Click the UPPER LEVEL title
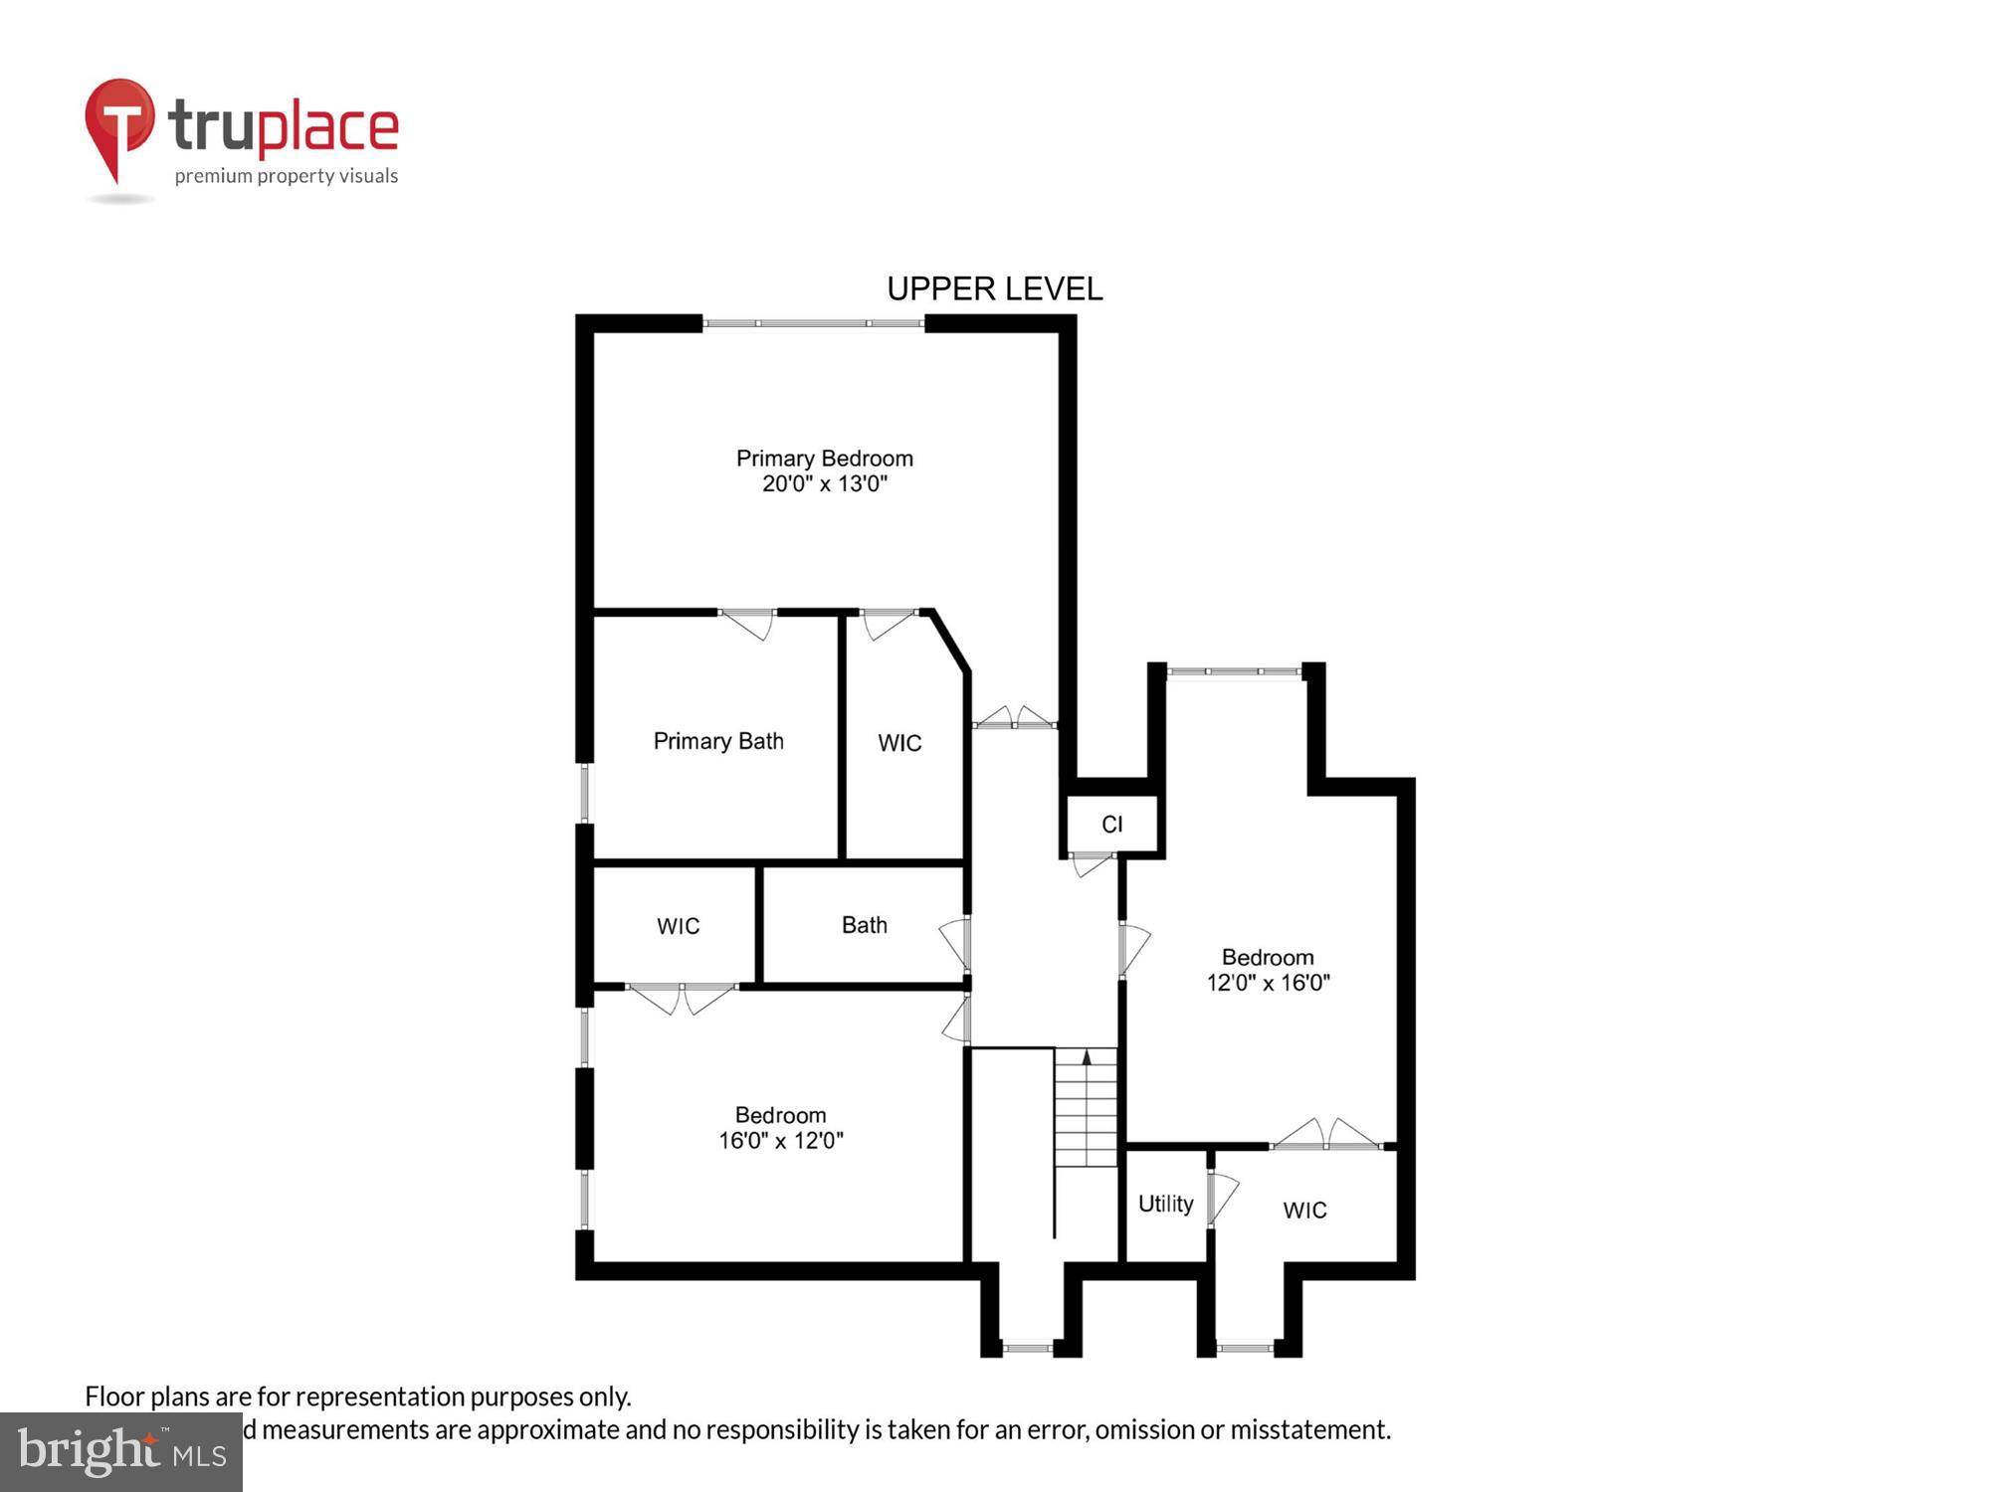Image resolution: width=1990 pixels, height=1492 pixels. pyautogui.click(x=994, y=289)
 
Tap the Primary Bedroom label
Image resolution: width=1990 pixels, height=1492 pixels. pyautogui.click(x=824, y=459)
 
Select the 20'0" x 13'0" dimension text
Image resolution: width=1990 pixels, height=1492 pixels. pyautogui.click(x=824, y=484)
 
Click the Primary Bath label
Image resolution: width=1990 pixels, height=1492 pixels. pyautogui.click(x=718, y=741)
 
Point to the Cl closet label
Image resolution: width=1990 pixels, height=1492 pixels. pyautogui.click(x=1111, y=825)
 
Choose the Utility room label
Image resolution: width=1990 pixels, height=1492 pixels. pyautogui.click(x=1165, y=1205)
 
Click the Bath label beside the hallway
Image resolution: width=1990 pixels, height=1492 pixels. pyautogui.click(x=864, y=925)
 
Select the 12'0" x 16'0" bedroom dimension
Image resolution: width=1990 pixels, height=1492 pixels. pyautogui.click(x=1268, y=983)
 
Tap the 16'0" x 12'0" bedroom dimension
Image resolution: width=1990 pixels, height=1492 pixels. pyautogui.click(x=780, y=1141)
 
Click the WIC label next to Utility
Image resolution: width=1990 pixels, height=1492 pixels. pyautogui.click(x=1304, y=1211)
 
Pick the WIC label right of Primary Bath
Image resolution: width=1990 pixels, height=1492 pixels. pyautogui.click(x=899, y=743)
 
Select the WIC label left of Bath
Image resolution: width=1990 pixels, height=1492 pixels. pyautogui.click(x=678, y=927)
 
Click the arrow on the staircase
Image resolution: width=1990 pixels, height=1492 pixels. pyautogui.click(x=1087, y=1057)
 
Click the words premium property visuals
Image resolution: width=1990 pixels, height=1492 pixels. pyautogui.click(x=286, y=177)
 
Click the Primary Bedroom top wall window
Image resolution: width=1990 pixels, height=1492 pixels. pyautogui.click(x=813, y=323)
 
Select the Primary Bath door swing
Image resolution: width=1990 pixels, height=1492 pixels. pyautogui.click(x=749, y=624)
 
